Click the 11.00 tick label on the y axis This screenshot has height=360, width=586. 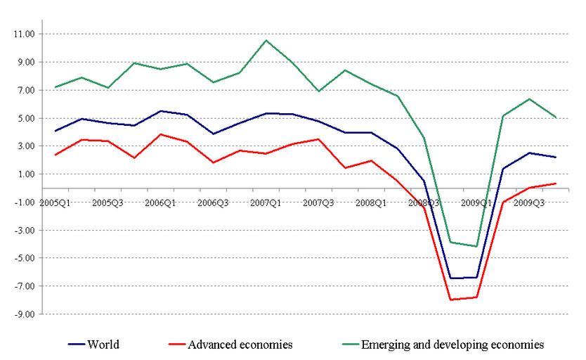pos(23,34)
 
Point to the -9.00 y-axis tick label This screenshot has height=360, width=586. pos(23,314)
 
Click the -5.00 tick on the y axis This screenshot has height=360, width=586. pos(23,258)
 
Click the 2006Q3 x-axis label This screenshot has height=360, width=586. pos(214,202)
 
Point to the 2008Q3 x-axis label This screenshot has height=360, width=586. pos(424,202)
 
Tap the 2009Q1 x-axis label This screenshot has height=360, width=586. pos(476,202)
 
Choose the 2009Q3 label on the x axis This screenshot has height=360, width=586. pos(528,202)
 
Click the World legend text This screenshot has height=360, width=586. pos(103,345)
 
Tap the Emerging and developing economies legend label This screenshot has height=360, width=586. pos(452,345)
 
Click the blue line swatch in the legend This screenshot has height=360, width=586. pos(77,345)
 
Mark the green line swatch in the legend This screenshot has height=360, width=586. pos(349,345)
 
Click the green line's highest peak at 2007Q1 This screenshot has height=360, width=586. pos(266,40)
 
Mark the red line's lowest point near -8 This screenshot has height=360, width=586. pos(450,300)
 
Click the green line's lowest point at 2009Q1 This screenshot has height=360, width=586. pos(476,246)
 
